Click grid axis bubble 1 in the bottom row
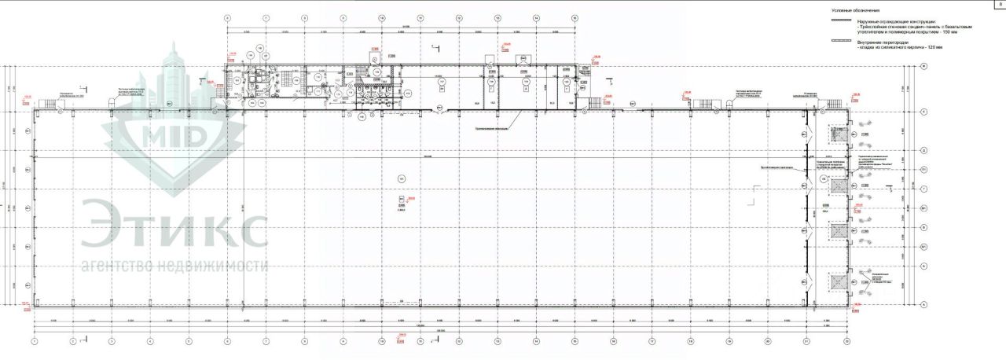(35, 342)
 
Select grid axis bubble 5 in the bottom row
(189, 342)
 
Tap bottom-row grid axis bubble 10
(381, 342)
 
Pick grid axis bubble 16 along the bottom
(612, 342)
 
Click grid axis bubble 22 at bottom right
(846, 342)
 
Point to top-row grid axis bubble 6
(227, 17)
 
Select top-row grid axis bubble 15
(575, 17)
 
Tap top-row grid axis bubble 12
(459, 17)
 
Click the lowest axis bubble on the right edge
(924, 304)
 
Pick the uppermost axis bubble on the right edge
(924, 67)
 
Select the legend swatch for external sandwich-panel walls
(841, 21)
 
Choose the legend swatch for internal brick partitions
(841, 39)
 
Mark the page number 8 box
(1000, 5)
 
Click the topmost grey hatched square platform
(839, 134)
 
